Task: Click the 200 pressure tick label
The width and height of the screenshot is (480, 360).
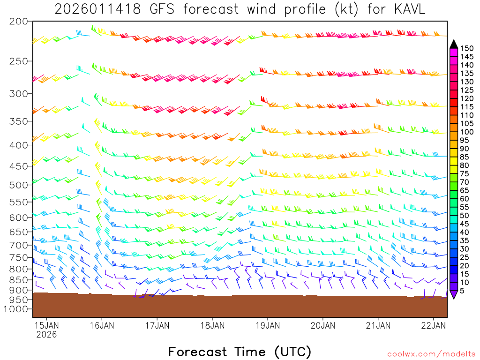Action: (19, 22)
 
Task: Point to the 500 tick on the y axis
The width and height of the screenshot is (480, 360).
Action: (19, 185)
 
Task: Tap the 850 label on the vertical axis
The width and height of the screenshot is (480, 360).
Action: (19, 280)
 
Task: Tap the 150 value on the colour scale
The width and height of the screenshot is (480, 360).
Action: (466, 48)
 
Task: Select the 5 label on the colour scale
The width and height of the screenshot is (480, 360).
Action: (462, 291)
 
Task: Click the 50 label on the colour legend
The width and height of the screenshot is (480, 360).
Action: (465, 216)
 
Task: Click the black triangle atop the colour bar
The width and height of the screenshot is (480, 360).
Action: (453, 44)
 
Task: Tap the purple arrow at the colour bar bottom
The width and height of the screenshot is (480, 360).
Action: (453, 295)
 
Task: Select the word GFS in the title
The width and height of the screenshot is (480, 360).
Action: (162, 9)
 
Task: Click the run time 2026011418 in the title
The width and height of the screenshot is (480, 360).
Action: (97, 9)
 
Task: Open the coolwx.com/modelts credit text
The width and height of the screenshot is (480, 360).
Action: (431, 353)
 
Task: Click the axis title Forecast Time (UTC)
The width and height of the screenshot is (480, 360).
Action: (240, 352)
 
